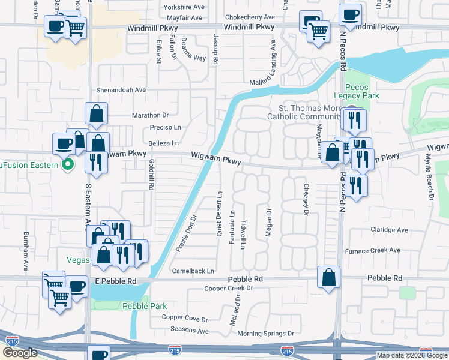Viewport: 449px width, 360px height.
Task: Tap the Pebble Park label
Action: coord(144,306)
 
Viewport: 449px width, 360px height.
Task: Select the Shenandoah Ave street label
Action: coord(122,90)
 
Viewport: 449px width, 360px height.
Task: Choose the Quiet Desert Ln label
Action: coord(220,214)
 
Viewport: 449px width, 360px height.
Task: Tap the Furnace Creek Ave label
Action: coord(372,250)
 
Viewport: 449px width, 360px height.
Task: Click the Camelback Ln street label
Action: coord(193,271)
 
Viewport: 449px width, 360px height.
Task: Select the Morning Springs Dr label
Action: coord(265,334)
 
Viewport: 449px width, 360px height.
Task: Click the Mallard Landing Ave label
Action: coord(273,62)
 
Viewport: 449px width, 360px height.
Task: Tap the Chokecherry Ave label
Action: coord(249,17)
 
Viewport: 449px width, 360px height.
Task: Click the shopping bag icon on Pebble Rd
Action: coord(329,277)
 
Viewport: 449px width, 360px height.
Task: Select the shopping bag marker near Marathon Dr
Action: coord(97,114)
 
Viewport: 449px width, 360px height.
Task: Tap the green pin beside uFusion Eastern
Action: coord(68,164)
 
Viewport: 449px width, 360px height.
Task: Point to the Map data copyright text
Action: coord(411,355)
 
